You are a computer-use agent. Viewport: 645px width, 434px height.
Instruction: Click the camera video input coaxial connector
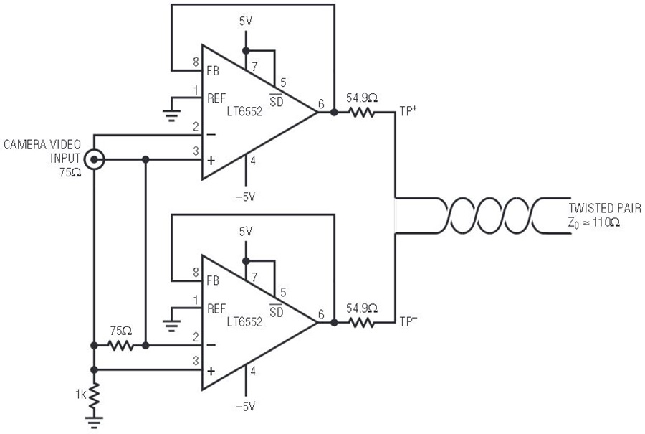click(94, 159)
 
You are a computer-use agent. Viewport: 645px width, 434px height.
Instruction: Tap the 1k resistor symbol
click(94, 395)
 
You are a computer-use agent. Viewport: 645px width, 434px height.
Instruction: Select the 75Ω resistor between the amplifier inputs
click(120, 346)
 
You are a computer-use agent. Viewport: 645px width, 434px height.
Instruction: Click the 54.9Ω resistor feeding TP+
click(362, 112)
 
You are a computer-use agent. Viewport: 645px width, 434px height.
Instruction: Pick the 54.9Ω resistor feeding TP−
click(362, 323)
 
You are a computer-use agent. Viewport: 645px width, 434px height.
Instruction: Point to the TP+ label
click(407, 111)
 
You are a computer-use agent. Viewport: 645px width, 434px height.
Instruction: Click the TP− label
click(408, 321)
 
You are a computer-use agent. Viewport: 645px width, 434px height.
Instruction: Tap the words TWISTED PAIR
click(605, 208)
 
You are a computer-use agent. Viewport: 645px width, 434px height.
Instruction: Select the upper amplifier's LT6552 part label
click(244, 111)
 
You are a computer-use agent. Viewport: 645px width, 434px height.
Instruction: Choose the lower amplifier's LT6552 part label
click(244, 321)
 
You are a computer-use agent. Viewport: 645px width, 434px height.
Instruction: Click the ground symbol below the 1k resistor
click(94, 422)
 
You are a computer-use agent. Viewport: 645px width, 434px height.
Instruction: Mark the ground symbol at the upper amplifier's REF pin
click(171, 115)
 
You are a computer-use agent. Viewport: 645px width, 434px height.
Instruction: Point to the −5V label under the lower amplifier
click(246, 407)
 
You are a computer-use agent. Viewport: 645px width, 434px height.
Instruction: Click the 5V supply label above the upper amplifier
click(246, 22)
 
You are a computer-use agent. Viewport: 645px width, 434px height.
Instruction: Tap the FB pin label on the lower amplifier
click(213, 280)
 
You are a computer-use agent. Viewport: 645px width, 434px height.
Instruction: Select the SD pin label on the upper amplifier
click(277, 100)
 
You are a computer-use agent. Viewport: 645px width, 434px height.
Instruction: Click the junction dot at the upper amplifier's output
click(334, 112)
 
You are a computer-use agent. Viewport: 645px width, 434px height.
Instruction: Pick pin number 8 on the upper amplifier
click(196, 62)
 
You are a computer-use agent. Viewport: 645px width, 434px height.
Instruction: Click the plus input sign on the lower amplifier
click(211, 371)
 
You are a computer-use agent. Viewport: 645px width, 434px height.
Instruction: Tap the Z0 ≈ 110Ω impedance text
click(594, 223)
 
